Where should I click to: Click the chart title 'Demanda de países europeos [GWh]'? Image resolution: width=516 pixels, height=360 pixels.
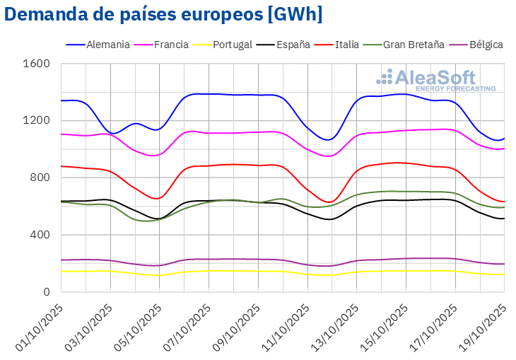pyautogui.click(x=165, y=14)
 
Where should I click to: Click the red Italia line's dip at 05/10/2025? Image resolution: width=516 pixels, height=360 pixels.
pyautogui.click(x=159, y=198)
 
